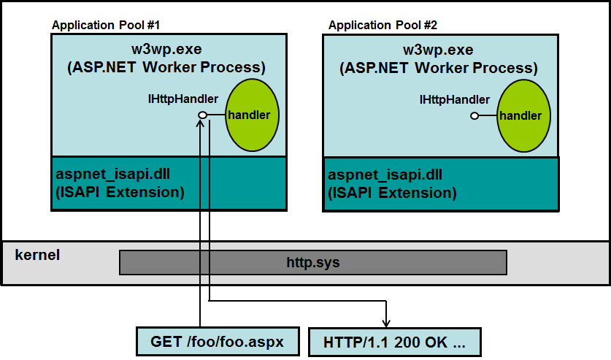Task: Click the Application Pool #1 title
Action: click(x=106, y=26)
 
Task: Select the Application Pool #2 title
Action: click(x=383, y=26)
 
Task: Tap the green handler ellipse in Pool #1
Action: click(x=252, y=115)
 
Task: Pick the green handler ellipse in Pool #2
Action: click(x=523, y=115)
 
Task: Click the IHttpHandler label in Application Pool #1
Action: click(x=182, y=99)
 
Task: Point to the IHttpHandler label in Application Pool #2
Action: click(x=454, y=100)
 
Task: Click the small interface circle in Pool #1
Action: click(x=203, y=115)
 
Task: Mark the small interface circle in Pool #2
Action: click(x=474, y=115)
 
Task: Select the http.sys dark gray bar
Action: click(x=313, y=263)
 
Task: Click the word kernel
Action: click(x=37, y=255)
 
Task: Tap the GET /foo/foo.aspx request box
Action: click(x=218, y=342)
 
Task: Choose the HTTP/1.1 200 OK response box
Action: click(x=395, y=342)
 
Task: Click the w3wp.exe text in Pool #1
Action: click(x=166, y=50)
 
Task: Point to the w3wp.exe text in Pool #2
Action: click(x=438, y=50)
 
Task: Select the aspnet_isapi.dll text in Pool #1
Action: click(x=112, y=174)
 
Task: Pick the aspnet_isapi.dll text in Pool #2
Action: click(x=385, y=175)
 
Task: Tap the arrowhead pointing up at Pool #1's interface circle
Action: click(x=200, y=123)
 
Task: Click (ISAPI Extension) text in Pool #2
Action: click(x=392, y=193)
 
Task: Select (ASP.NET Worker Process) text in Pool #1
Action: click(x=166, y=67)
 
